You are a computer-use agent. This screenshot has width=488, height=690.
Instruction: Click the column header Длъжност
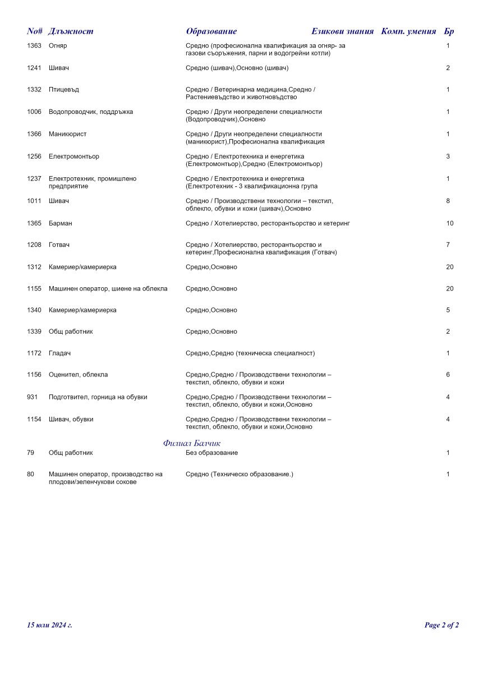(71, 31)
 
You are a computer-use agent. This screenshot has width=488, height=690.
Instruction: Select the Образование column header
(211, 31)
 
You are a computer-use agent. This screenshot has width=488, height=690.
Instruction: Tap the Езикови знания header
(342, 31)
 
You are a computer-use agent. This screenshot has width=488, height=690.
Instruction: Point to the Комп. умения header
(408, 31)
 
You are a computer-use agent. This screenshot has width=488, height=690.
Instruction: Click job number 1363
(34, 46)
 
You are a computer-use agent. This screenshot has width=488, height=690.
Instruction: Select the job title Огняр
(58, 46)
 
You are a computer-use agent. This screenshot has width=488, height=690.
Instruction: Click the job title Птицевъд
(63, 90)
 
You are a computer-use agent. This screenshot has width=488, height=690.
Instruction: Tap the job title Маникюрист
(67, 134)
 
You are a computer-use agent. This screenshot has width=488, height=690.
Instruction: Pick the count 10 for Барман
(450, 223)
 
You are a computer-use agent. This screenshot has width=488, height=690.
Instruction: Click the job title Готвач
(59, 245)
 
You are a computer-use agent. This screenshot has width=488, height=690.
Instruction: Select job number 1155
(34, 289)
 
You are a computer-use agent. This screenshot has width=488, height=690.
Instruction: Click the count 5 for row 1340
(448, 310)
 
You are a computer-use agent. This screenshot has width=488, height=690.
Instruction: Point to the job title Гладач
(59, 353)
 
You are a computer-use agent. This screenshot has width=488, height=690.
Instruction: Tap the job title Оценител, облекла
(78, 375)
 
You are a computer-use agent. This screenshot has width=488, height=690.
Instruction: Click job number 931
(32, 397)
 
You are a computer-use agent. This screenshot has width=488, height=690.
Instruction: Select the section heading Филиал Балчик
(192, 443)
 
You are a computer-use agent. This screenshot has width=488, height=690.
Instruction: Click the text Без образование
(211, 453)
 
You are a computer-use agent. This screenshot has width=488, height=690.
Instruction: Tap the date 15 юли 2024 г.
(49, 625)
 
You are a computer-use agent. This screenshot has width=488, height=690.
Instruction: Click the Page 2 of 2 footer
(441, 625)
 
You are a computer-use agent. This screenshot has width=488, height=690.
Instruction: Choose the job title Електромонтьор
(74, 157)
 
